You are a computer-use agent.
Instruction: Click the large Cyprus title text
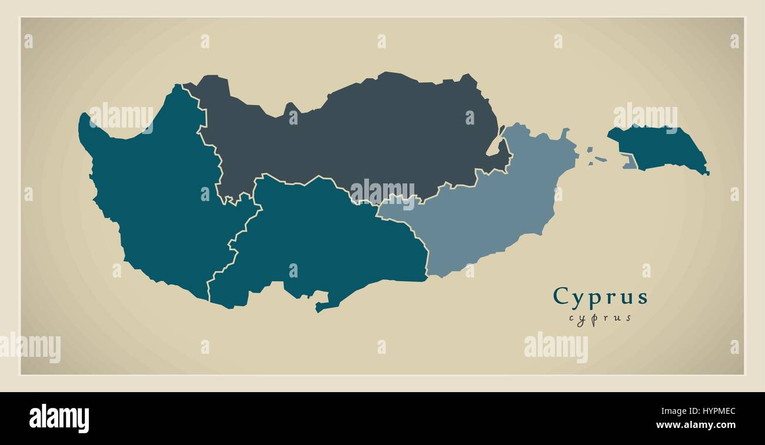(600, 297)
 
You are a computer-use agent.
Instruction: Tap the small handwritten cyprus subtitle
(600, 318)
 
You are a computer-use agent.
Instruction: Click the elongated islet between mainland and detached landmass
(600, 159)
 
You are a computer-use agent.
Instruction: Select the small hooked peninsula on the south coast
(322, 306)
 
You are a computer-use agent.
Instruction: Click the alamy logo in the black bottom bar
(59, 418)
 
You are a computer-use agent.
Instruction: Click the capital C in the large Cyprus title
(561, 296)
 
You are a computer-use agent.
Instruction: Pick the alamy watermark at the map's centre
(382, 191)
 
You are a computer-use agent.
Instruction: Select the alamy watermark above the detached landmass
(645, 116)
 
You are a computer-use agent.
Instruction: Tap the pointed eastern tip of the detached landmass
(707, 173)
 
